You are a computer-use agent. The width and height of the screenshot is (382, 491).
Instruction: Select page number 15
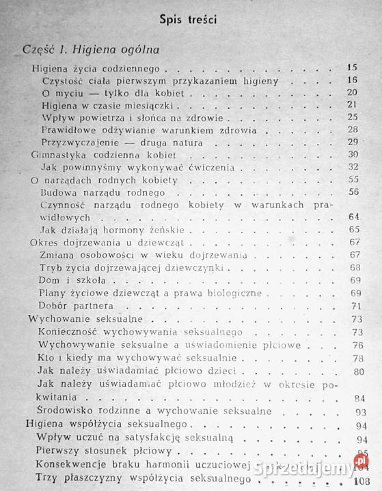(x=353, y=69)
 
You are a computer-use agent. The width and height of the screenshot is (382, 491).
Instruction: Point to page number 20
(x=353, y=93)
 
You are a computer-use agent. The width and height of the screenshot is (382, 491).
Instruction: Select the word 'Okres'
(x=45, y=243)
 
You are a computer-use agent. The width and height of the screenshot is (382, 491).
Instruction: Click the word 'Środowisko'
(x=68, y=411)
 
